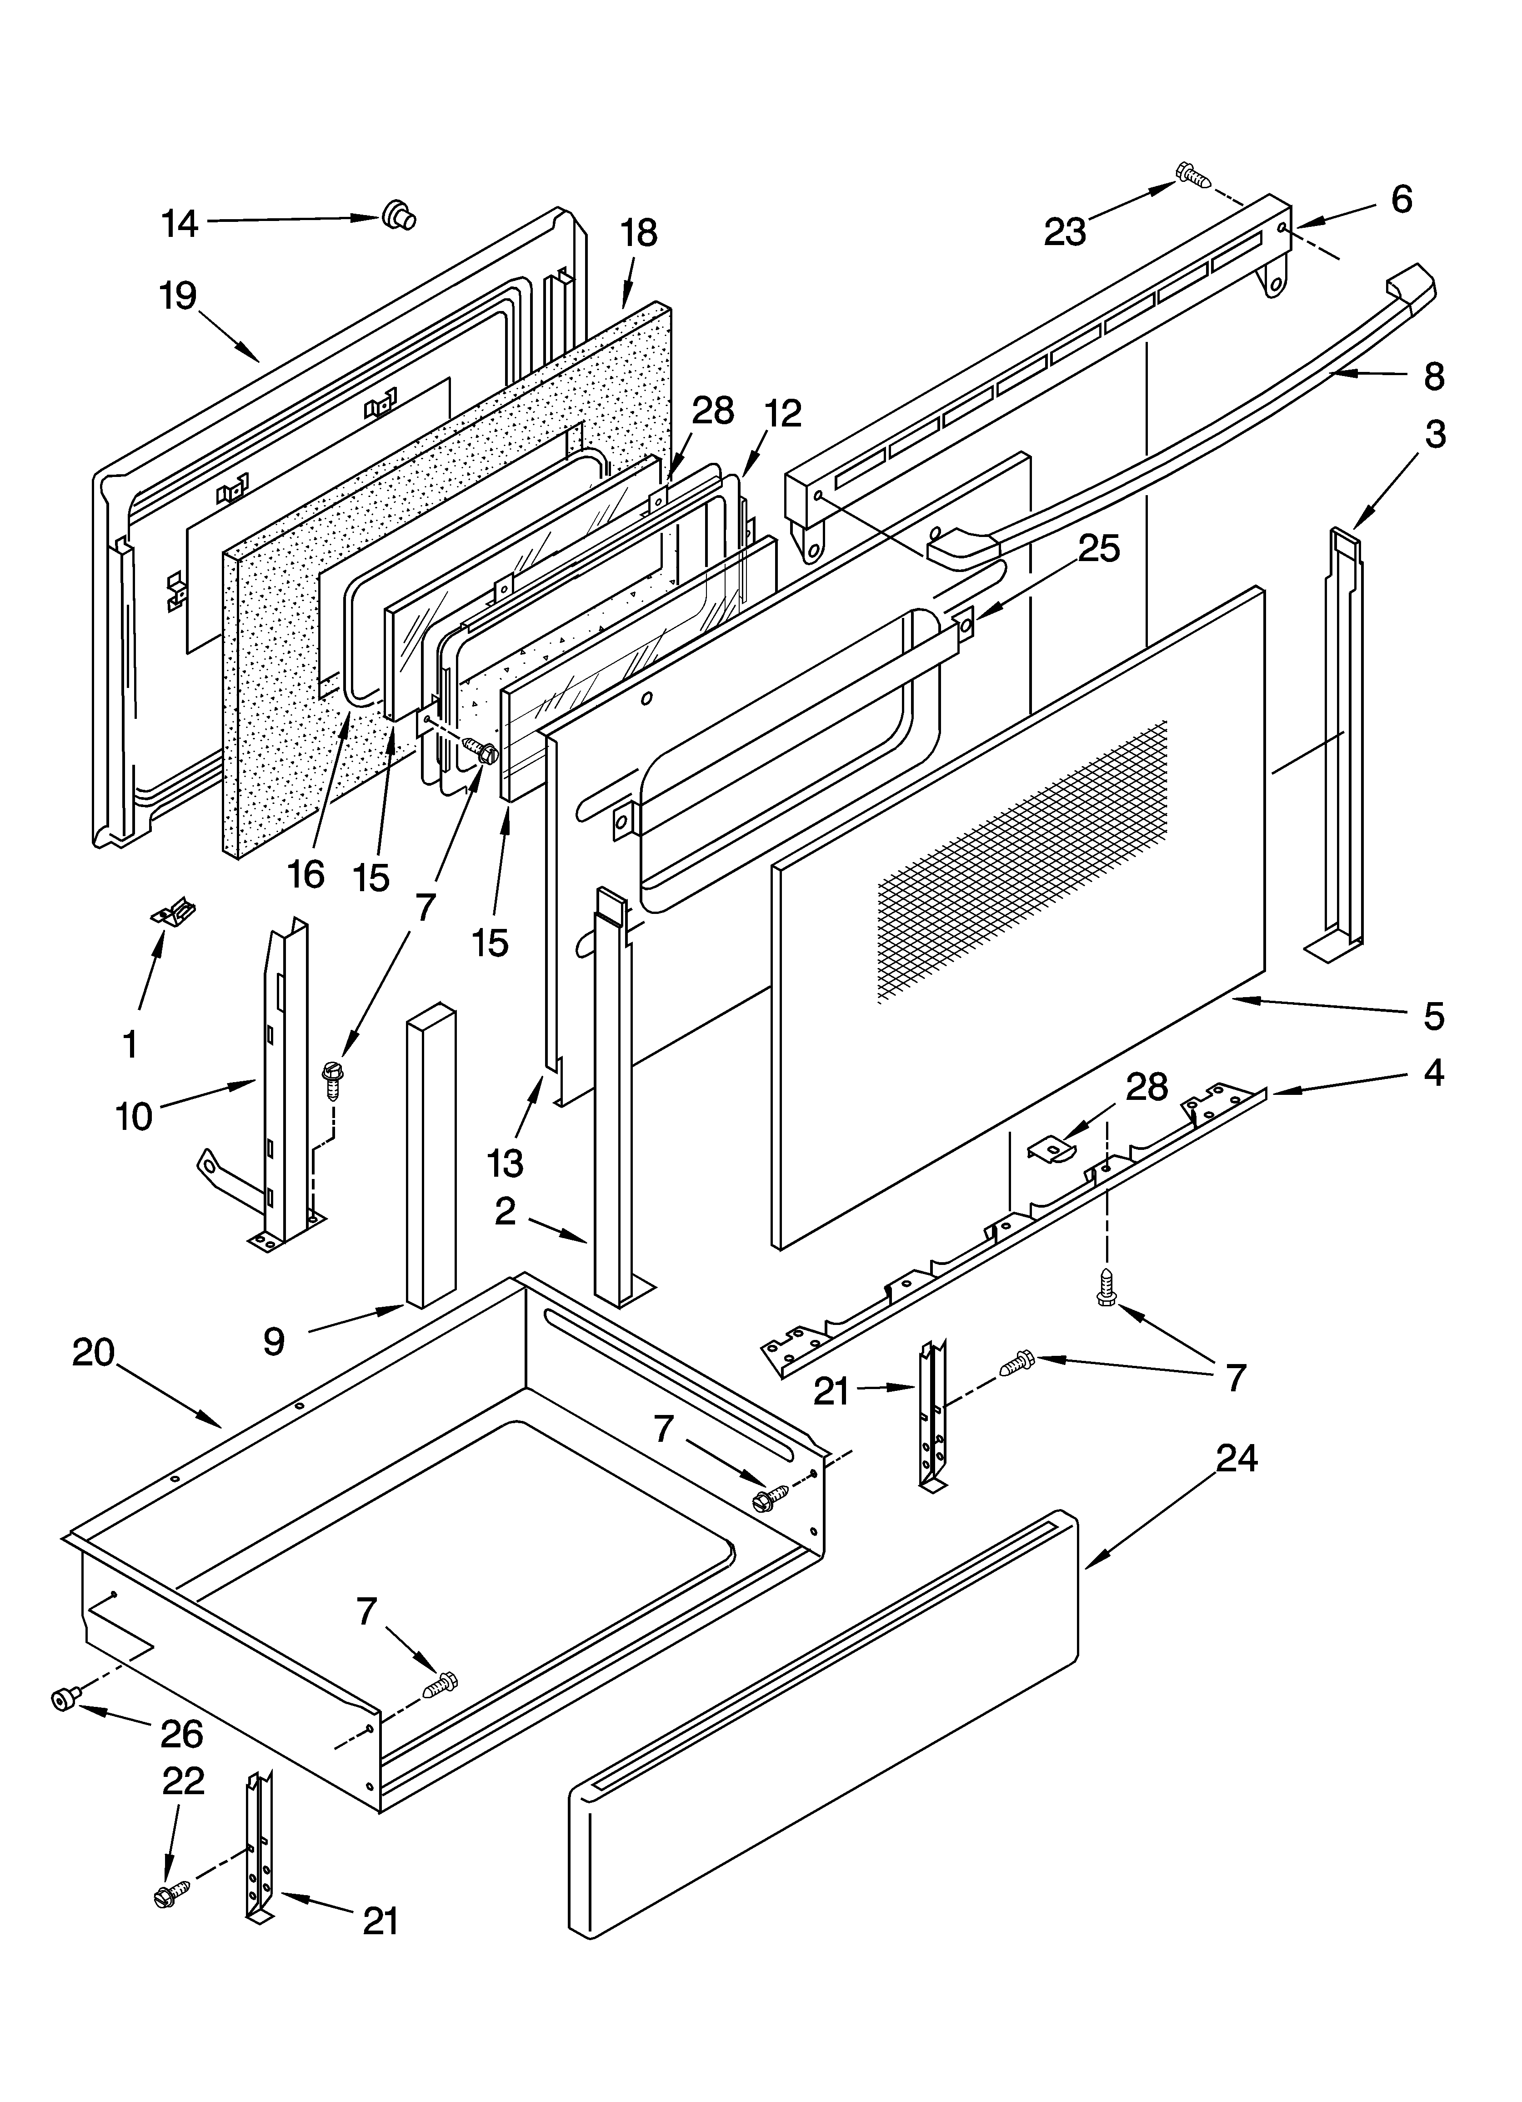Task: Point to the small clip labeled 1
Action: click(174, 913)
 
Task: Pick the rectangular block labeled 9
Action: click(431, 1154)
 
